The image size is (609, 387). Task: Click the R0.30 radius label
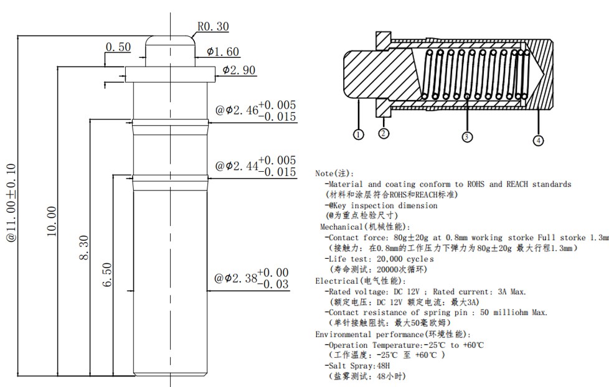213,26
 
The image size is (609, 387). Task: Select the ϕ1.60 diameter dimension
223,52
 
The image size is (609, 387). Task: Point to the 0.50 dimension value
118,47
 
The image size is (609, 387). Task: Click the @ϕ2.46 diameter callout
236,110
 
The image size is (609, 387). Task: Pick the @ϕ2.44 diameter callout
236,166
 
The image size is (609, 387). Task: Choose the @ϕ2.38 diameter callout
236,278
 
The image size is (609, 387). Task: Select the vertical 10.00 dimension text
51,221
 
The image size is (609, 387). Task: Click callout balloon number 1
358,134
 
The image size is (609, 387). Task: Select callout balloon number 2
384,133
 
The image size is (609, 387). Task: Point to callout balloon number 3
467,136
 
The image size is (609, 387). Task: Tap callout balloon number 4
539,141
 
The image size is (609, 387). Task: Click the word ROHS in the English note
475,184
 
